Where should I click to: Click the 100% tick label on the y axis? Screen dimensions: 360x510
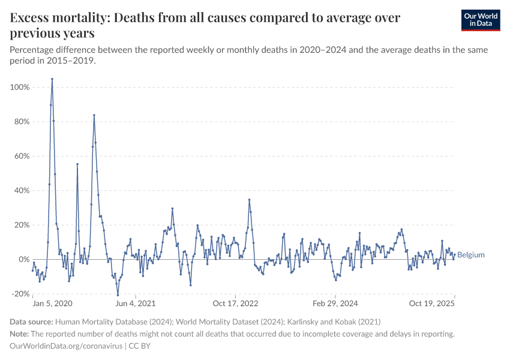[20, 88]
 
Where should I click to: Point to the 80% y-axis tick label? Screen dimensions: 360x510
[21, 122]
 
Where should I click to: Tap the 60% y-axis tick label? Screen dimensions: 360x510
[21, 156]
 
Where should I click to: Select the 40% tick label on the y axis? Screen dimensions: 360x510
[21, 191]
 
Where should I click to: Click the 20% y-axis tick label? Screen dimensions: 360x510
[21, 225]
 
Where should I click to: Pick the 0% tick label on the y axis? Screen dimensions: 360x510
[24, 260]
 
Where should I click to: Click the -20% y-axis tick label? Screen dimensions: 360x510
[20, 294]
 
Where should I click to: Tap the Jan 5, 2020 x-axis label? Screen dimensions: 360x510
[53, 304]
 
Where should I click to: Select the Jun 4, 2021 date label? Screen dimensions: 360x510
[136, 304]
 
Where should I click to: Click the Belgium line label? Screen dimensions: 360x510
[471, 255]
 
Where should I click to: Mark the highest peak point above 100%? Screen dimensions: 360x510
[52, 79]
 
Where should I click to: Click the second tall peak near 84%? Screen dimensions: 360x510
[94, 115]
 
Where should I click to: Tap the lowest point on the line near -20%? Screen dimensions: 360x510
[118, 295]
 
